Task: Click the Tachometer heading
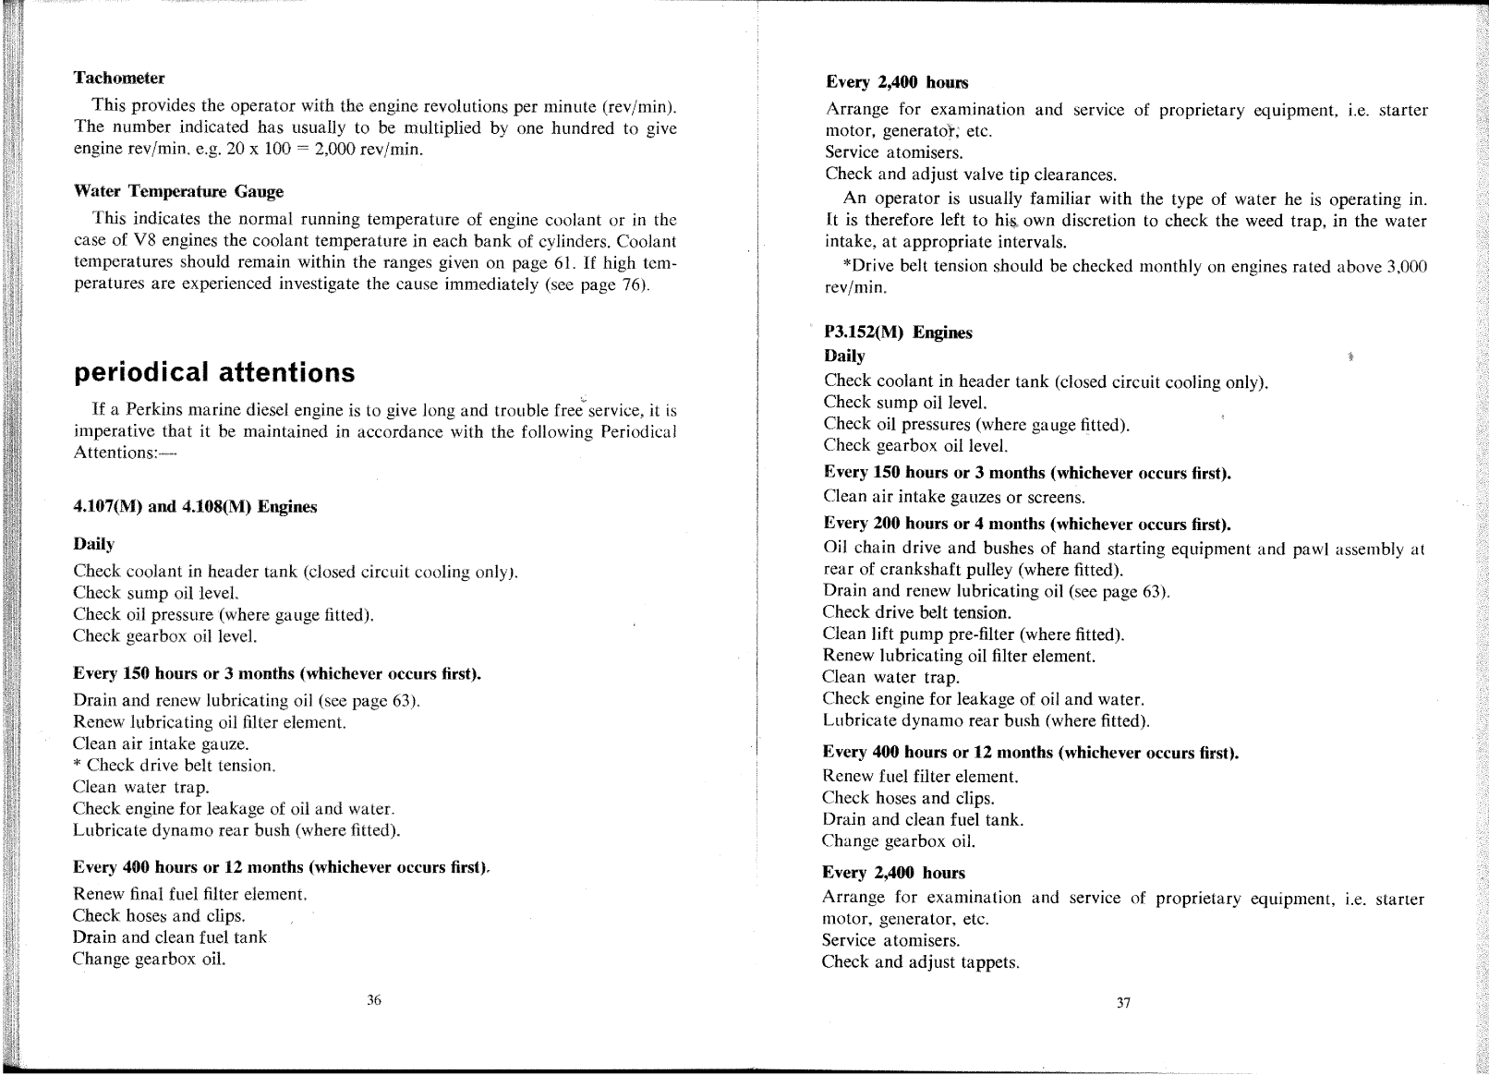(118, 78)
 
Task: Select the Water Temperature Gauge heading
(178, 191)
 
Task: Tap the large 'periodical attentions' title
(213, 372)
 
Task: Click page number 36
(374, 999)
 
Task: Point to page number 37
(1123, 1003)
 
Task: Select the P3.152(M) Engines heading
(898, 332)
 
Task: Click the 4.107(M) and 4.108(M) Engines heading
(195, 507)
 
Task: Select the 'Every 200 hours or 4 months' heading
(1027, 525)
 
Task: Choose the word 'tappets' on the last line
(990, 962)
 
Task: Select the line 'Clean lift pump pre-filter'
(974, 634)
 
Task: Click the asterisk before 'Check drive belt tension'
(77, 765)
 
